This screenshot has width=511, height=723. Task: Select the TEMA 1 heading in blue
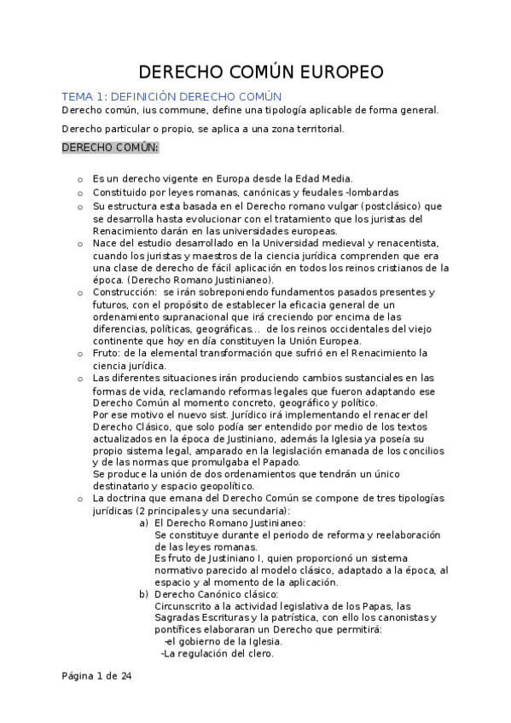point(171,96)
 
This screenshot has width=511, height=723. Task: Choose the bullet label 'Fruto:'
point(109,353)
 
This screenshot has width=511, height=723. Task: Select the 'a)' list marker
point(144,522)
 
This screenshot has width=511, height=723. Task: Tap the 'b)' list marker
point(144,594)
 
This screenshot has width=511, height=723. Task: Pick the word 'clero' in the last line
point(258,654)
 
